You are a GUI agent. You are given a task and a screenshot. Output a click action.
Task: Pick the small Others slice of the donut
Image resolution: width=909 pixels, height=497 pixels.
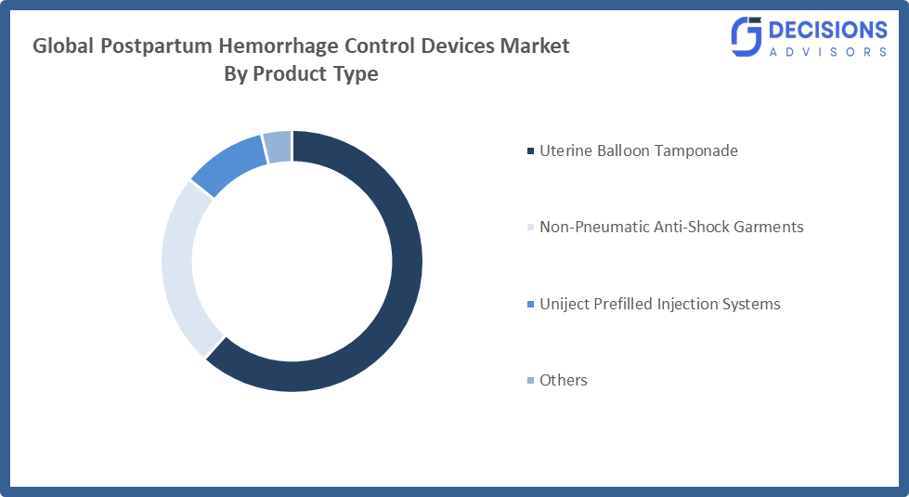coord(278,147)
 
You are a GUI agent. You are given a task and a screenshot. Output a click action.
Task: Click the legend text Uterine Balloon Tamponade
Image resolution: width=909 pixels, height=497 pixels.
coord(638,150)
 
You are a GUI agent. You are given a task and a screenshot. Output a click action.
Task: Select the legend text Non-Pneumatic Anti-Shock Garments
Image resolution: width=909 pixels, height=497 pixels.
coord(671,227)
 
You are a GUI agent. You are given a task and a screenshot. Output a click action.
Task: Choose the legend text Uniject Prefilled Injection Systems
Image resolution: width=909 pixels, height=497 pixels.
coord(659,304)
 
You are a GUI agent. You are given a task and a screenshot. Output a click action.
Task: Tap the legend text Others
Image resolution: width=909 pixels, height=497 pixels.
coord(563,380)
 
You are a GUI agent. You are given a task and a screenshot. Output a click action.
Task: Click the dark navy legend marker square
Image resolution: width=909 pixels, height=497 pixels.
coord(530,151)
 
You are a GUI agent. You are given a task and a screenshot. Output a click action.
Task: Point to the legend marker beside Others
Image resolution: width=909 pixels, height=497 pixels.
coord(530,381)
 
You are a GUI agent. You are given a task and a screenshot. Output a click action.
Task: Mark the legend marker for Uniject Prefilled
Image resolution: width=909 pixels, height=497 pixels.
coord(530,305)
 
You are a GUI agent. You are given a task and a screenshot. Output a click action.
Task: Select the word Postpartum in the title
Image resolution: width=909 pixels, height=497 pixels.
coord(147,46)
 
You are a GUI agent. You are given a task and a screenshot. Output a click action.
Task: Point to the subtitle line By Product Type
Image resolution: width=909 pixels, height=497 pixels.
coord(301,74)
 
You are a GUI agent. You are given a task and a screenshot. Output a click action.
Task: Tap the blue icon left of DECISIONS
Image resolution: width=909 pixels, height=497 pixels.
coord(747,38)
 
